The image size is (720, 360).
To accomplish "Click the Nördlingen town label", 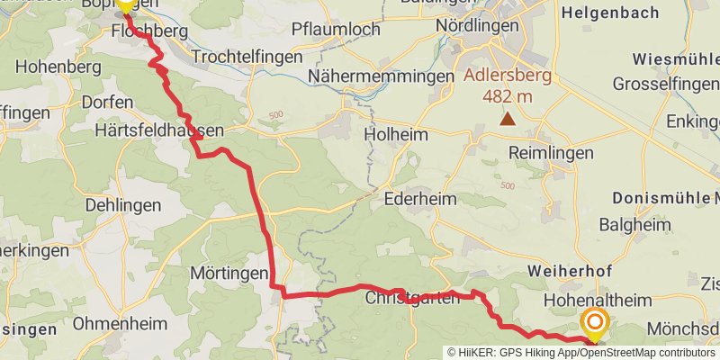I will [x=477, y=25].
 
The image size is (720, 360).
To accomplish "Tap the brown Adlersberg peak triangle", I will [x=508, y=119].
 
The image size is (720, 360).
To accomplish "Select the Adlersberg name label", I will [x=508, y=76].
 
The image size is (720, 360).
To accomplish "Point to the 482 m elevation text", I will [x=508, y=95].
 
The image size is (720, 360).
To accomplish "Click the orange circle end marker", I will [x=595, y=321].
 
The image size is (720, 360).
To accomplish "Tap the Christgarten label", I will [x=411, y=297].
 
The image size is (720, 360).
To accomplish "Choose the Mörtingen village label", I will [x=229, y=272].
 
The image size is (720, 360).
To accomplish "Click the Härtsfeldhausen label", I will [x=158, y=130].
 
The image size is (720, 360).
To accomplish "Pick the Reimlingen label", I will [x=551, y=153].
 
